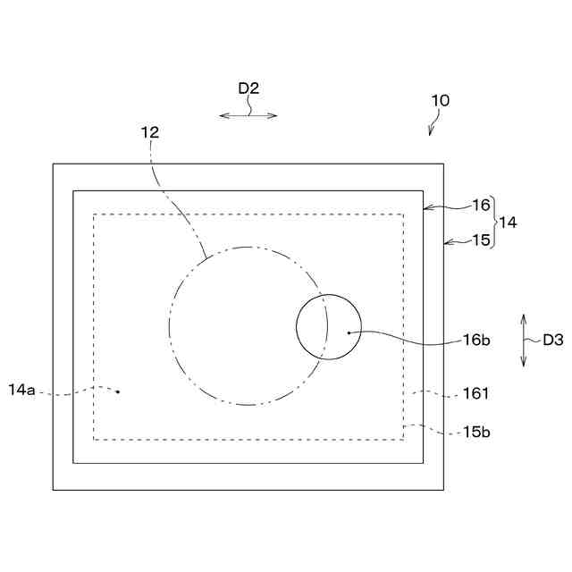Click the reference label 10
click(x=440, y=100)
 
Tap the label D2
click(x=248, y=88)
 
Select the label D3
click(x=553, y=340)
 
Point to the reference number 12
click(x=149, y=131)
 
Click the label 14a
click(x=21, y=390)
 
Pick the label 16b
click(x=475, y=340)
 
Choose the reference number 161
click(x=476, y=392)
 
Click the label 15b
click(x=476, y=432)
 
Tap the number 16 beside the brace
click(x=482, y=205)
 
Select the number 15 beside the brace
click(x=482, y=240)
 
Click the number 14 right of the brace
click(x=508, y=222)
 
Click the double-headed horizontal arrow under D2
click(x=248, y=114)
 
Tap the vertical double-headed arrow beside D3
click(x=525, y=339)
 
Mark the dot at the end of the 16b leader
click(x=349, y=332)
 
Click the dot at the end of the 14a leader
click(x=117, y=391)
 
